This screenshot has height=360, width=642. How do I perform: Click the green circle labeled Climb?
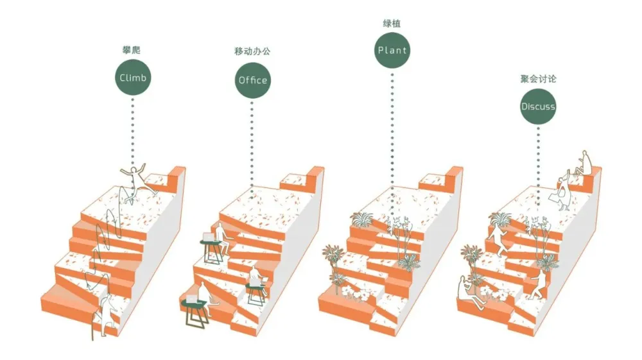point(133,77)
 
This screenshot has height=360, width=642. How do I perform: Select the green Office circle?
point(252,80)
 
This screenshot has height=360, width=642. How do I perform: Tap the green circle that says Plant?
point(392,50)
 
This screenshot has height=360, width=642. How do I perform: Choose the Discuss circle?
point(538,107)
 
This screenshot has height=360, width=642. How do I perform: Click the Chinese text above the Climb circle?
point(131,50)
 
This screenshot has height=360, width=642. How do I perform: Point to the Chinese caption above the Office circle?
point(252,51)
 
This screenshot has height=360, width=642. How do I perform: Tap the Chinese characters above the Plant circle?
point(392,24)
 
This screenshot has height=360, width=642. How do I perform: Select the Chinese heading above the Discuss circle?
point(538,78)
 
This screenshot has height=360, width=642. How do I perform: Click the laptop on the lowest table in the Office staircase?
point(191,298)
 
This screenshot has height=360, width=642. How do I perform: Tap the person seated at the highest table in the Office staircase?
point(222,237)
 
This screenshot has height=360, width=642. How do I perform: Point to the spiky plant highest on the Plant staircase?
point(361,219)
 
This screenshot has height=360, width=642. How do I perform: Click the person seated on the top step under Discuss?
point(582,164)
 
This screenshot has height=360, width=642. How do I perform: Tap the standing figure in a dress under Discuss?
point(562,192)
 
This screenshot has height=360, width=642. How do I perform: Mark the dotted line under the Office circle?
point(252,150)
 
